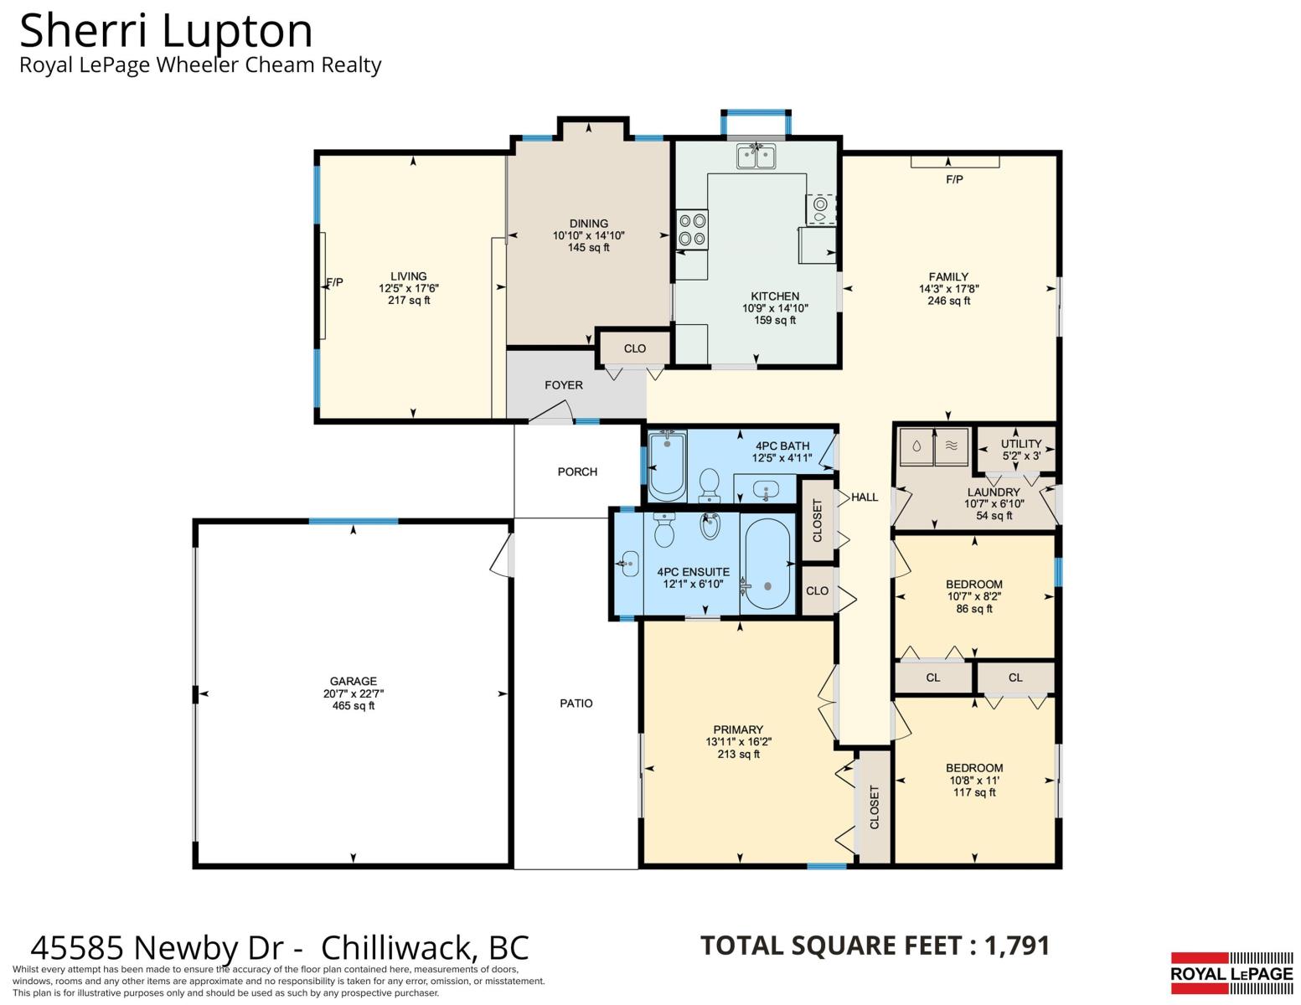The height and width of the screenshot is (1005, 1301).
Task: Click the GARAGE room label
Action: point(353,681)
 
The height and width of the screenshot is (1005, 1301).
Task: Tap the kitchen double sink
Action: point(756,157)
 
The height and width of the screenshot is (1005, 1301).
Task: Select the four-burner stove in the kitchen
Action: point(692,229)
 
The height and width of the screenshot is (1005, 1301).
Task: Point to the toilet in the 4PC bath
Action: point(710,485)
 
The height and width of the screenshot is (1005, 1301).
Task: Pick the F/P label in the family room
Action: point(954,179)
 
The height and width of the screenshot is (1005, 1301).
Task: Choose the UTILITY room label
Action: point(1021,444)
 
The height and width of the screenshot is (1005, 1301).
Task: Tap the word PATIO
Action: point(576,703)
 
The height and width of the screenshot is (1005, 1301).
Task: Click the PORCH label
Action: point(577,472)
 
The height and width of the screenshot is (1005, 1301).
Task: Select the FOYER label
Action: point(564,385)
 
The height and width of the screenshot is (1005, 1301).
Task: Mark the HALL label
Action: point(865,497)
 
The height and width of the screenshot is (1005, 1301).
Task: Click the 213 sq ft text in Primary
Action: point(738,755)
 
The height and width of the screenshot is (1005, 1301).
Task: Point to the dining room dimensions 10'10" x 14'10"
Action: point(589,235)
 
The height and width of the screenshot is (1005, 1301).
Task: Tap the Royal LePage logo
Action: point(1231,973)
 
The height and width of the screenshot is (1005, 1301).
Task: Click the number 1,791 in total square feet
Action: point(1017,946)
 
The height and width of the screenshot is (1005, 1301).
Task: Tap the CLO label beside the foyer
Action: point(635,348)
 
